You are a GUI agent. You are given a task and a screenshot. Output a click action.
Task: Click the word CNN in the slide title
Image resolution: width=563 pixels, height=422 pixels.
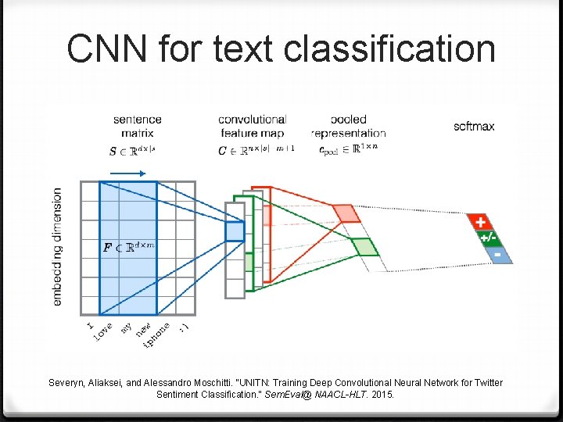(x=107, y=48)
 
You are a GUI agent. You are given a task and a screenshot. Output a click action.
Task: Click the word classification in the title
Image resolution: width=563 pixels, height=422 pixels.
(x=389, y=48)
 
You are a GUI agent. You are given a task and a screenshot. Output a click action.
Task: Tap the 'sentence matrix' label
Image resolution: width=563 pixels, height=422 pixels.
(x=138, y=127)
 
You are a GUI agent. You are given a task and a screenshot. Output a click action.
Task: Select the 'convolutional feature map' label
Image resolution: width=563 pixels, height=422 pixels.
(x=253, y=127)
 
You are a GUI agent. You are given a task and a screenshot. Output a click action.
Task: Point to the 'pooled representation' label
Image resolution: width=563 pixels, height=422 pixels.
(x=348, y=127)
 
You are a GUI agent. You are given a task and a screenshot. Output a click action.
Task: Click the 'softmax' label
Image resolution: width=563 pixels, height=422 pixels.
(x=474, y=126)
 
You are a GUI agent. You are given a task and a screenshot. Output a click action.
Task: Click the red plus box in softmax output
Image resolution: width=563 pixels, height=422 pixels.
(x=479, y=223)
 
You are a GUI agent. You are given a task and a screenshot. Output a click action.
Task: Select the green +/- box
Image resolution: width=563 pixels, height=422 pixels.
(x=488, y=238)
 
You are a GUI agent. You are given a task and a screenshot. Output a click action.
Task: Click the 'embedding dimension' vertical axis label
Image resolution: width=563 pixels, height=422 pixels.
(x=57, y=246)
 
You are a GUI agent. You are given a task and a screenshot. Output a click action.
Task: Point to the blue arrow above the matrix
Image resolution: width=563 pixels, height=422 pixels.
(x=128, y=173)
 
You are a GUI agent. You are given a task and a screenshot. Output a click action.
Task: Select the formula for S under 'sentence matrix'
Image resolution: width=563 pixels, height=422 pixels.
(x=132, y=151)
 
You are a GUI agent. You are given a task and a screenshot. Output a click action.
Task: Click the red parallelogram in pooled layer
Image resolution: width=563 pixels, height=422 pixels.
(x=344, y=213)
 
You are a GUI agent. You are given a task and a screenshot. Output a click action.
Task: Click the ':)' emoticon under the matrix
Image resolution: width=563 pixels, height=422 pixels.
(x=184, y=328)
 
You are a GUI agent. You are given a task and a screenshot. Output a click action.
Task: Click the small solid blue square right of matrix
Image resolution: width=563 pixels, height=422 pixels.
(x=235, y=231)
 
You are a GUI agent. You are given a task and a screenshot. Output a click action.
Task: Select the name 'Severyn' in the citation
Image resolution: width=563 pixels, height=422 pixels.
(x=70, y=383)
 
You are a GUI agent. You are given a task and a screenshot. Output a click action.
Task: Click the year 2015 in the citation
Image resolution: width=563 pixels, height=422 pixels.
(x=382, y=395)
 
